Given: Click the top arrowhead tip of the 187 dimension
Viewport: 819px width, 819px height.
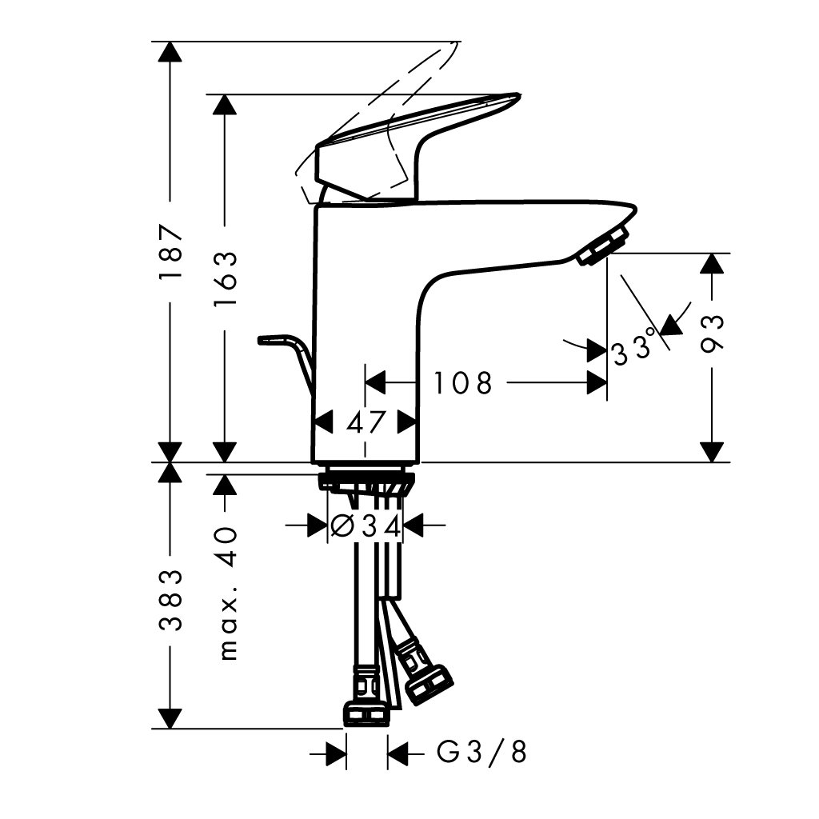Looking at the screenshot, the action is point(170,42).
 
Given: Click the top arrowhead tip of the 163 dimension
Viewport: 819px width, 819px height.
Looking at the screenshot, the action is point(225,94).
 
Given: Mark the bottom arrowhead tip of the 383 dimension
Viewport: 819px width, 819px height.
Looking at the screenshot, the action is point(170,728).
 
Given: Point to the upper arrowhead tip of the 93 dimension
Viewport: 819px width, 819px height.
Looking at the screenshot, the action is point(712,254).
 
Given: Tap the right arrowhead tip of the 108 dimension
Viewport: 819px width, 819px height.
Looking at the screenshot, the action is point(606,383).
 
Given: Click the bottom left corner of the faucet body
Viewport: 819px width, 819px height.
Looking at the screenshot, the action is point(312,463).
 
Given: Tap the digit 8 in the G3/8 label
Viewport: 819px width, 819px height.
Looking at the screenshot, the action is point(518,753).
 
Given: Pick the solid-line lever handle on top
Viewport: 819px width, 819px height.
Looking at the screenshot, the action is point(417,148).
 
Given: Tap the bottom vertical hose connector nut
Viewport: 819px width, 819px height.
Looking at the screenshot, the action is point(366,697).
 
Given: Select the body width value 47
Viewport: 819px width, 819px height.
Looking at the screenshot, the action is point(366,421).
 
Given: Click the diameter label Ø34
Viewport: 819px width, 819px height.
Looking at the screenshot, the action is point(366,525).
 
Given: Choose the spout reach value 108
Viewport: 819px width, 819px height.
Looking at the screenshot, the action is point(463,383).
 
